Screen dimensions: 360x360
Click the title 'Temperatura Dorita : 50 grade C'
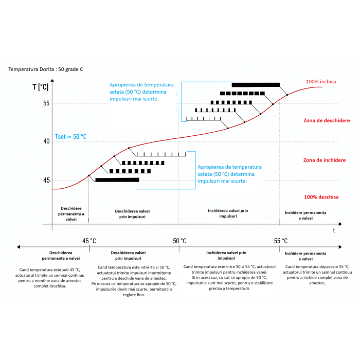click(x=46, y=69)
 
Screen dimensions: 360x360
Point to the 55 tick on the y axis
click(x=46, y=103)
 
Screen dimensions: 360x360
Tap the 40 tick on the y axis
click(x=46, y=141)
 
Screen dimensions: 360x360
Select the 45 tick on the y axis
click(x=46, y=180)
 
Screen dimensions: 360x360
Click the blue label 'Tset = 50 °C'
click(x=70, y=137)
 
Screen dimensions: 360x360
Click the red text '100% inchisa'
click(x=321, y=82)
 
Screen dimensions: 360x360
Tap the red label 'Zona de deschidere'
click(x=327, y=120)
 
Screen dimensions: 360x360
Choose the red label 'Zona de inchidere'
click(x=325, y=160)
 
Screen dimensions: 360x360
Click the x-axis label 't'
click(x=334, y=231)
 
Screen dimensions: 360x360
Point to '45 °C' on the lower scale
click(x=89, y=241)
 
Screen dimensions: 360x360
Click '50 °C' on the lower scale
click(x=179, y=241)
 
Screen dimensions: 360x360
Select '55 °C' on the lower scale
click(x=280, y=241)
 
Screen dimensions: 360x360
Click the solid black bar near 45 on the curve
click(x=117, y=179)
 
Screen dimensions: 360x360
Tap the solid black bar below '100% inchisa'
click(x=256, y=84)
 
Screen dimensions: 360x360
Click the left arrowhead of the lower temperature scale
click(x=19, y=247)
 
